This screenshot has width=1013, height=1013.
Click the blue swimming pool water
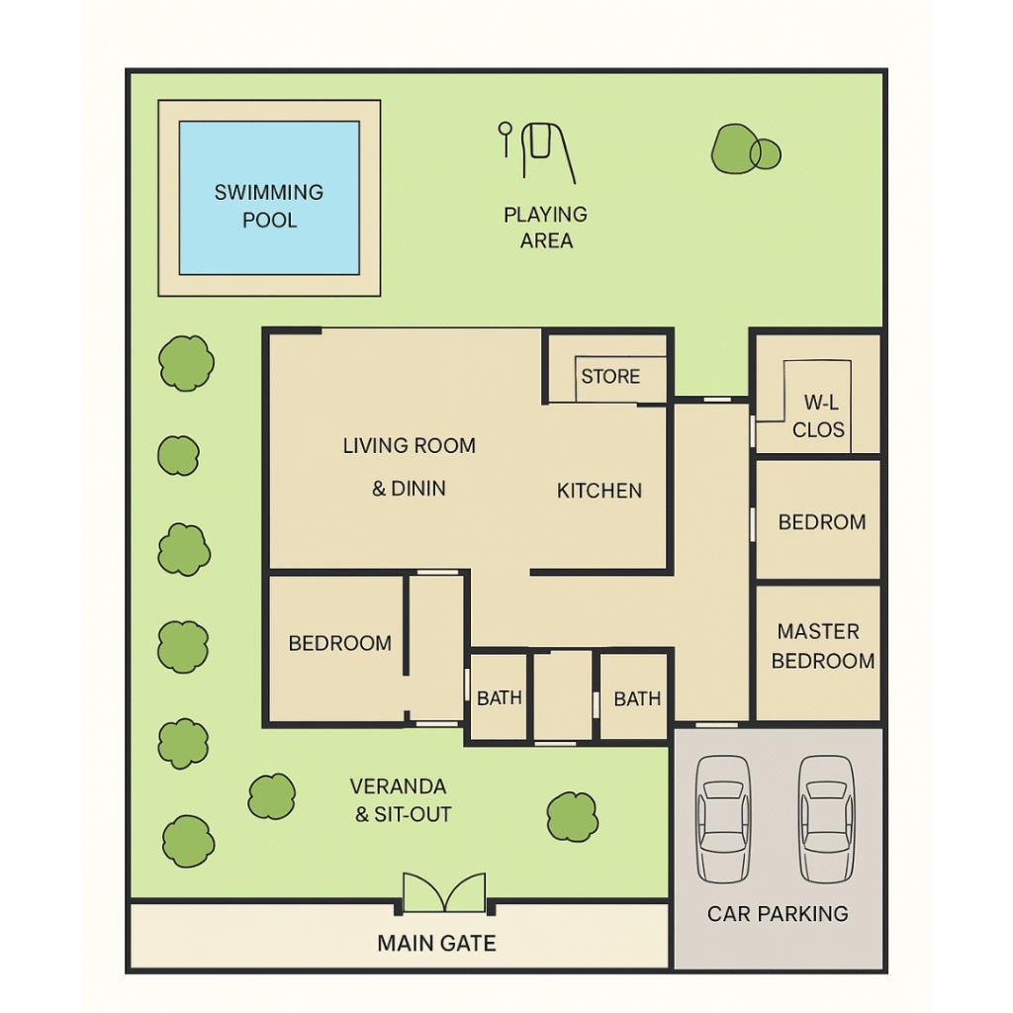tap(269, 198)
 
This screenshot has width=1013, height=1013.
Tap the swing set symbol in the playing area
tap(537, 153)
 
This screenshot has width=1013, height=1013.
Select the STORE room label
tap(610, 376)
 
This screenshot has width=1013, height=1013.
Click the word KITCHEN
tap(599, 491)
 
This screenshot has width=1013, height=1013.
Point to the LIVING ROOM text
tap(409, 445)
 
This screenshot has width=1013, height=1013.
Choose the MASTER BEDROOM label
tap(822, 646)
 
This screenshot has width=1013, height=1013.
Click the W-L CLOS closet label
tap(819, 416)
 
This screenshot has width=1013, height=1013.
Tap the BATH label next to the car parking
tap(637, 698)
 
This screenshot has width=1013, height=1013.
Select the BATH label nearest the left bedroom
tap(500, 697)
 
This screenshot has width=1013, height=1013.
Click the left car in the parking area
tap(723, 818)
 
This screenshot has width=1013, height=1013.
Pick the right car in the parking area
tap(827, 818)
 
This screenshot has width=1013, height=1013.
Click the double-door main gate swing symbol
tap(444, 892)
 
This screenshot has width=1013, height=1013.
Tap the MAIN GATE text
tap(436, 943)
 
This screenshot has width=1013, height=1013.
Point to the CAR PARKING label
tap(778, 913)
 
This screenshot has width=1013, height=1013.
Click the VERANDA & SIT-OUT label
tap(401, 799)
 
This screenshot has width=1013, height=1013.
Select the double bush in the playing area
tap(746, 149)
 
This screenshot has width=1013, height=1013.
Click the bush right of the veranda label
tap(573, 816)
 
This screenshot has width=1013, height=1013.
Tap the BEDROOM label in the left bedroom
tap(340, 643)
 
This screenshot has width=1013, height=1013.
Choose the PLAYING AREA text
tap(546, 228)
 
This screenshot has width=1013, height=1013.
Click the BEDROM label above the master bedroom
tap(822, 521)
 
